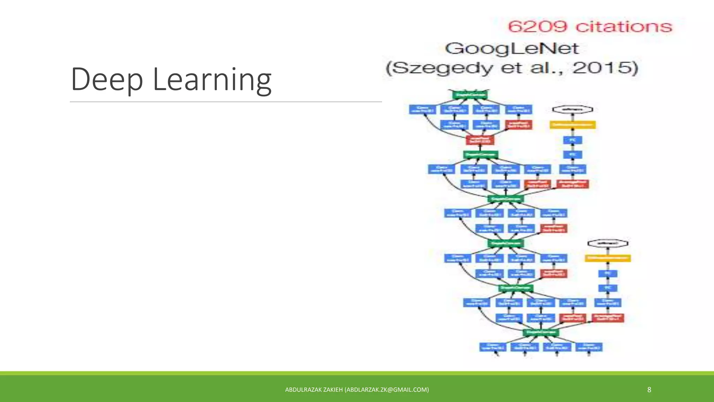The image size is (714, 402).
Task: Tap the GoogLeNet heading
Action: point(512,49)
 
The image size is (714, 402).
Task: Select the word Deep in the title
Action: point(107,80)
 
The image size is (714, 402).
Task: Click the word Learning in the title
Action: point(212,80)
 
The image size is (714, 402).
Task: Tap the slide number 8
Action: point(649,390)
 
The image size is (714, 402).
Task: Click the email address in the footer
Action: point(387,390)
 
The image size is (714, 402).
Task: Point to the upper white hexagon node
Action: point(572,110)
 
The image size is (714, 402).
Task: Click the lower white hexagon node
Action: point(608,243)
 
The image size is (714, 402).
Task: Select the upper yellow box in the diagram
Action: point(572,125)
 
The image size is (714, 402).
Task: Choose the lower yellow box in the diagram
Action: point(608,258)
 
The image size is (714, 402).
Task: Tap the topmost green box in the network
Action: point(470,95)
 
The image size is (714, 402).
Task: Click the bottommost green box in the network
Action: point(541,333)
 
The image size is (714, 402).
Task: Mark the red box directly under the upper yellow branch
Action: point(572,184)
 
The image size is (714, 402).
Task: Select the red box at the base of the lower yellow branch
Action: point(608,318)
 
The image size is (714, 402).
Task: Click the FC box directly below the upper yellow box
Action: point(572,140)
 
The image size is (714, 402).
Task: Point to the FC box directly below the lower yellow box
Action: point(608,274)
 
